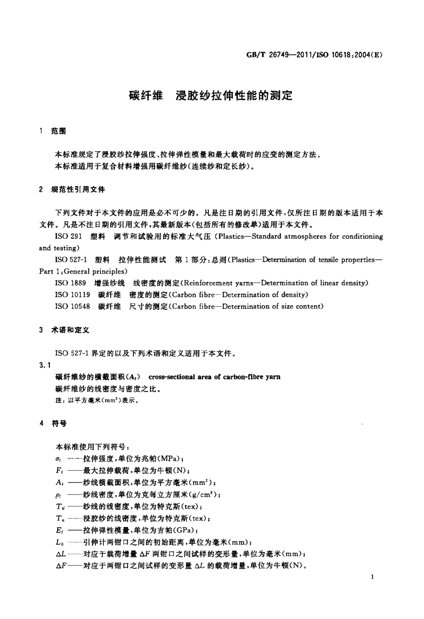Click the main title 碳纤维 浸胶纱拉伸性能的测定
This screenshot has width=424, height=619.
pyautogui.click(x=211, y=96)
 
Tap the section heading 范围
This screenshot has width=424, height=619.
pyautogui.click(x=59, y=131)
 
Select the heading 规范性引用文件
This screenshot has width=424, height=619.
pyautogui.click(x=79, y=190)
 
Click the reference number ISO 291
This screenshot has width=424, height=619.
pyautogui.click(x=68, y=237)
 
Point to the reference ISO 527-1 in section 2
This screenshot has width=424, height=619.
pyautogui.click(x=71, y=260)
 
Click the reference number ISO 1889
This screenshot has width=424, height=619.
pyautogui.click(x=71, y=283)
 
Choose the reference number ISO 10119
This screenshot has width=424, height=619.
pyautogui.click(x=72, y=295)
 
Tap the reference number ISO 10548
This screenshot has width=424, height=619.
pyautogui.click(x=72, y=307)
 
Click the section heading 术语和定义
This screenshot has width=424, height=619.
pyautogui.click(x=71, y=330)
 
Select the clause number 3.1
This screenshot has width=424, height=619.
pyautogui.click(x=45, y=365)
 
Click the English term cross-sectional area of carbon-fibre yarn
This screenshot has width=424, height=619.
pyautogui.click(x=214, y=377)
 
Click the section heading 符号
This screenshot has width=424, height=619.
pyautogui.click(x=59, y=423)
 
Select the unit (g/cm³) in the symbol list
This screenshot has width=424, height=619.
pyautogui.click(x=205, y=494)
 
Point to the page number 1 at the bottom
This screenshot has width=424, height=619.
pyautogui.click(x=372, y=577)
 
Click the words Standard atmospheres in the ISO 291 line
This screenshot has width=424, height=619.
pyautogui.click(x=289, y=237)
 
